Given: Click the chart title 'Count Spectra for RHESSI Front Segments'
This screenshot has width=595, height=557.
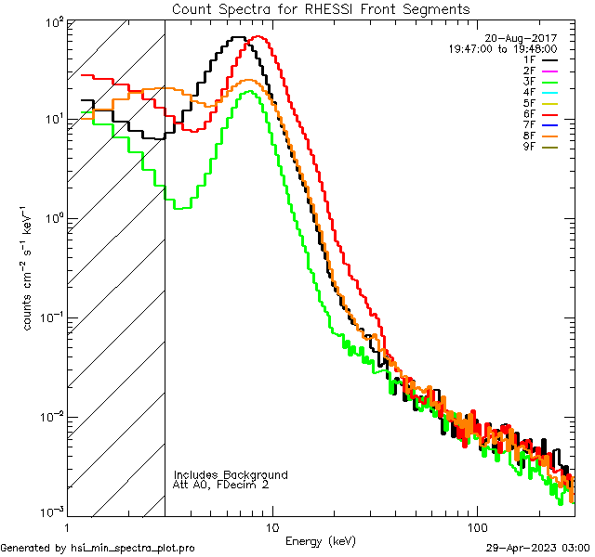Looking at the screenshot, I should (x=321, y=9).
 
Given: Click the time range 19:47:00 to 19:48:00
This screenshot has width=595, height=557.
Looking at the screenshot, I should (x=503, y=48).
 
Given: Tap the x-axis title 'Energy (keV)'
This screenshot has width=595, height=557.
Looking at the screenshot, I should (x=321, y=540).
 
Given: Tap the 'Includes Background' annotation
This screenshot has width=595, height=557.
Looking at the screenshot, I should (x=231, y=474).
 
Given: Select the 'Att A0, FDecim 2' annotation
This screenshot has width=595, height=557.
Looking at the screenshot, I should (x=221, y=485).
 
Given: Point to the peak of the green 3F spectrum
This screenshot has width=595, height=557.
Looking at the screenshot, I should (x=249, y=91).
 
